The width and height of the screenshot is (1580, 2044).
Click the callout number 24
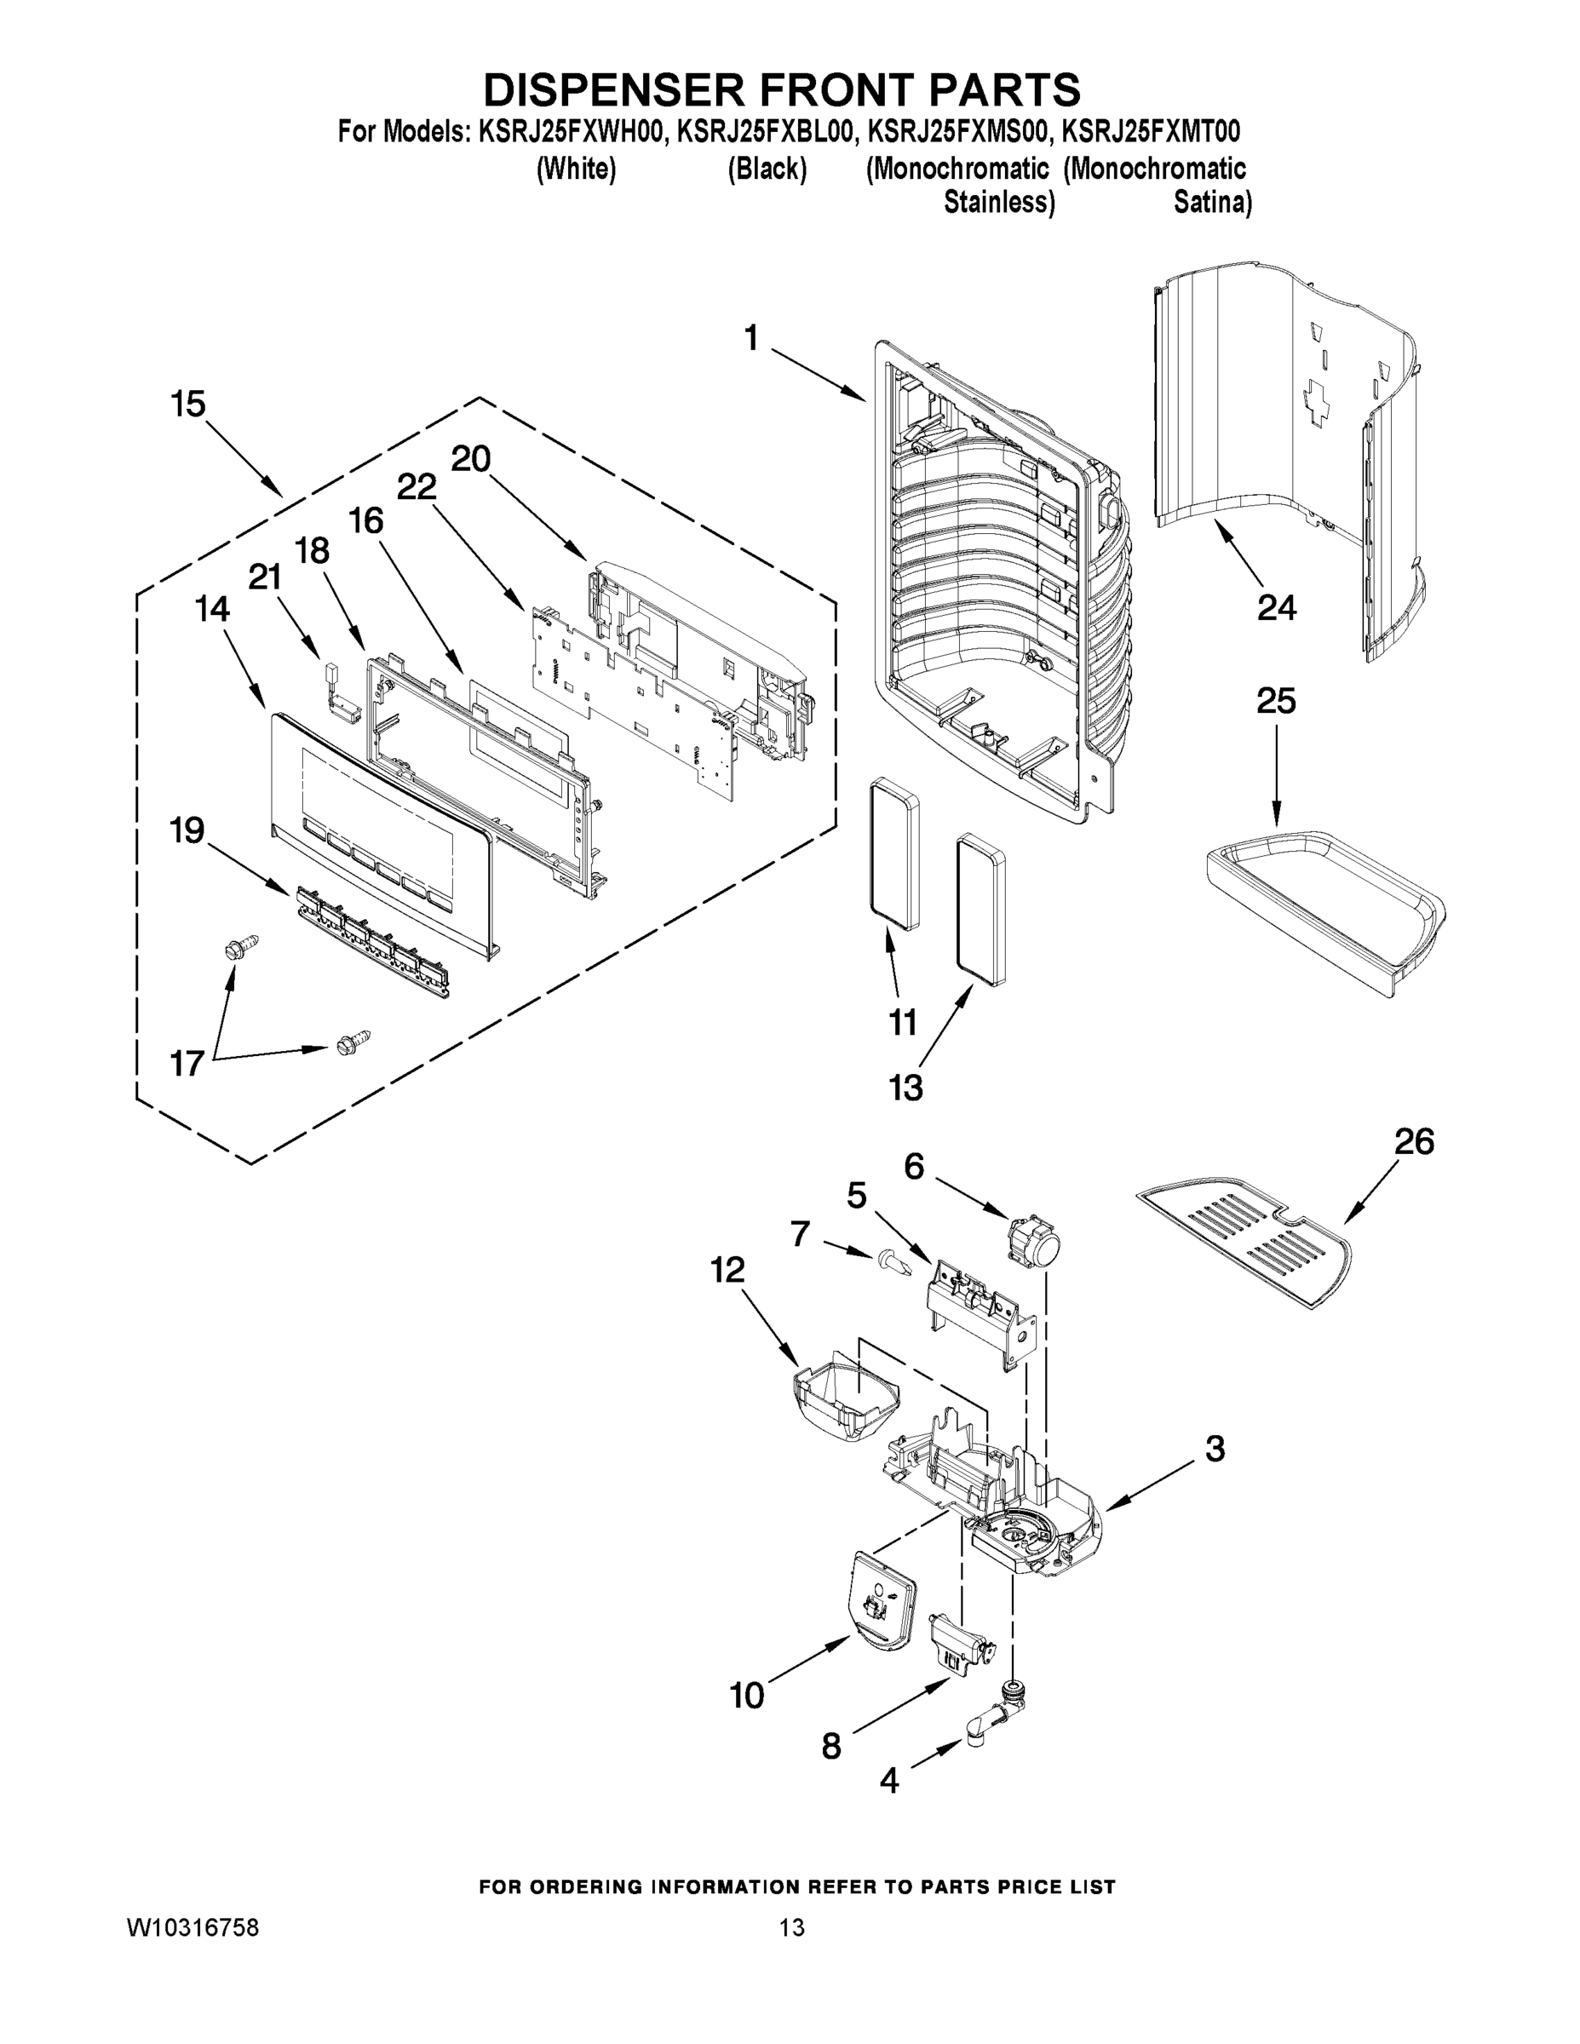coord(1276,608)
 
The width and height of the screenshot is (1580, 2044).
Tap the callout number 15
coord(187,405)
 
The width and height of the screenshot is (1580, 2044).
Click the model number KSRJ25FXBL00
coord(765,132)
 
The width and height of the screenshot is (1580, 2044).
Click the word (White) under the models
coord(576,169)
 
